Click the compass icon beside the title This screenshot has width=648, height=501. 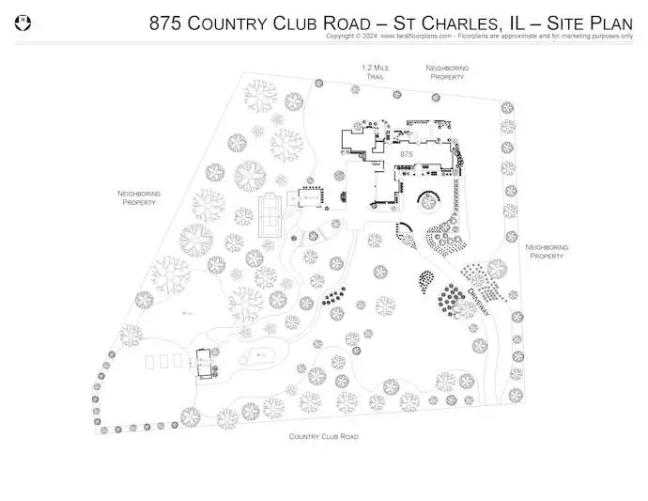[x=25, y=21]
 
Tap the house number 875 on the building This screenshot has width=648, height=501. [x=407, y=153]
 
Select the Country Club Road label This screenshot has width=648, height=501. [x=323, y=437]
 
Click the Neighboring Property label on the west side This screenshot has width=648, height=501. [x=139, y=197]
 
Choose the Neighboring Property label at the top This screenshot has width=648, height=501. [x=447, y=72]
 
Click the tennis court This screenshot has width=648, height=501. [x=270, y=218]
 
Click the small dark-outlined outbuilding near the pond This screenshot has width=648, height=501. [x=204, y=360]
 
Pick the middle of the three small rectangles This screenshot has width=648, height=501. [x=165, y=361]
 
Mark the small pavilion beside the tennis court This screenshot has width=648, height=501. [x=308, y=198]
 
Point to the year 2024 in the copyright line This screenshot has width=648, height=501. [x=369, y=36]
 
